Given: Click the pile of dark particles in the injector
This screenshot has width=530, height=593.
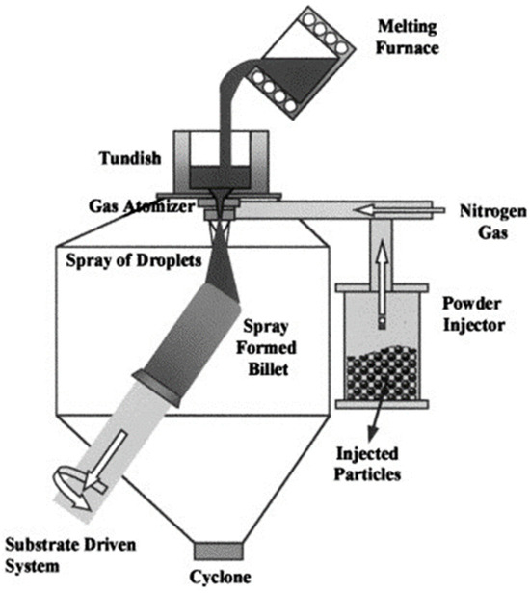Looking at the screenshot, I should pyautogui.click(x=381, y=377).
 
